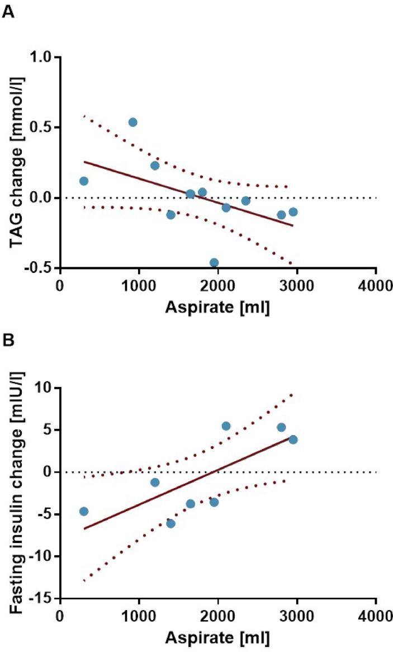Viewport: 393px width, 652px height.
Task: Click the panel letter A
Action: click(8, 13)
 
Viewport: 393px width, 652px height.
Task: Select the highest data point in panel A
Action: click(132, 122)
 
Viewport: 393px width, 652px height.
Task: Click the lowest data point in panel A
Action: click(214, 262)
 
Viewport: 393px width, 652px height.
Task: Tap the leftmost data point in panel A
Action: click(84, 181)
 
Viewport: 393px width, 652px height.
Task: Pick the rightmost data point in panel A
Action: click(293, 212)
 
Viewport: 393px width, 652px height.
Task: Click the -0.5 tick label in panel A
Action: click(39, 268)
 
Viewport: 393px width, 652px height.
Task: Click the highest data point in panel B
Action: click(226, 426)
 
